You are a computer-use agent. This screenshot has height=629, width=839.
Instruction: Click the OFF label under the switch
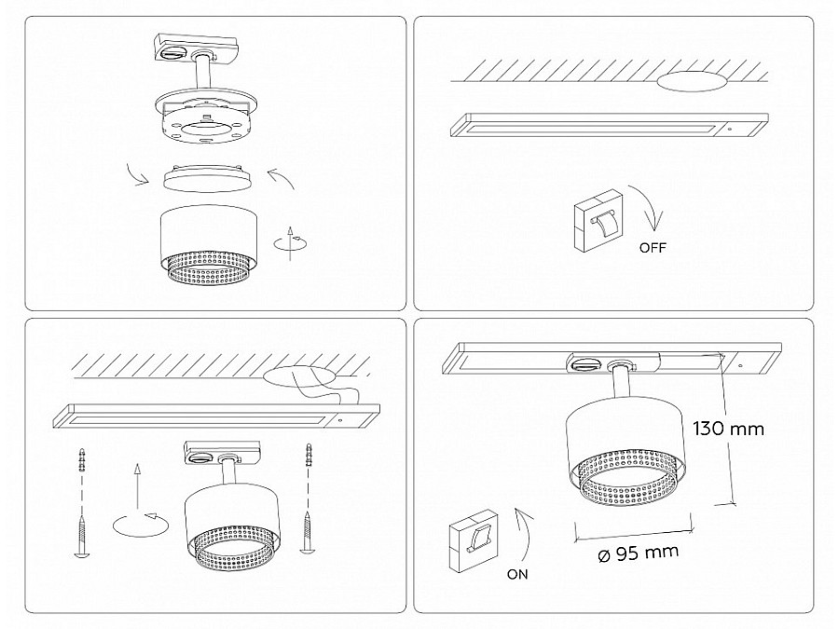tap(653, 248)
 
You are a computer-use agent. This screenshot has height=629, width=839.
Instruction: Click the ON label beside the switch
tap(517, 574)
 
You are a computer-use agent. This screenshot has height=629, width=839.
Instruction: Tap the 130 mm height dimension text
tap(728, 429)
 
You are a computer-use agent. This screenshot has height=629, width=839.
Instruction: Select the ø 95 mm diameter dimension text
tap(638, 553)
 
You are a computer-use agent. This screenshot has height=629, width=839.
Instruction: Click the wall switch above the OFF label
tap(598, 220)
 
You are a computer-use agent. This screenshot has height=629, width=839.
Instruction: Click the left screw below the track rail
tap(82, 538)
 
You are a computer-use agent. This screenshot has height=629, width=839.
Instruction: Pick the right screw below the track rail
tap(307, 532)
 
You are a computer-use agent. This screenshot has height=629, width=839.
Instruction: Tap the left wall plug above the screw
tap(82, 460)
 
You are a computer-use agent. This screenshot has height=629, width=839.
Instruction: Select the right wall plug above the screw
tap(308, 455)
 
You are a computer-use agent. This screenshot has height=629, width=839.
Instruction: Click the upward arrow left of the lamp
tap(138, 486)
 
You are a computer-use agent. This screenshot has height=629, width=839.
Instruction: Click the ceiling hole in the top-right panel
tap(692, 81)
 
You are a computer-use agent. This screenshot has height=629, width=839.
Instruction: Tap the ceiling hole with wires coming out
tap(299, 376)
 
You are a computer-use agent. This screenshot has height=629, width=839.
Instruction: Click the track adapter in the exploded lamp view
tap(196, 48)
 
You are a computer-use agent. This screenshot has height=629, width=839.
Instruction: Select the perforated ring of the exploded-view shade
tap(209, 269)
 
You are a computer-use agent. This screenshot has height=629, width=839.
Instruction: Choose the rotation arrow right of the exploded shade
tap(291, 243)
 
